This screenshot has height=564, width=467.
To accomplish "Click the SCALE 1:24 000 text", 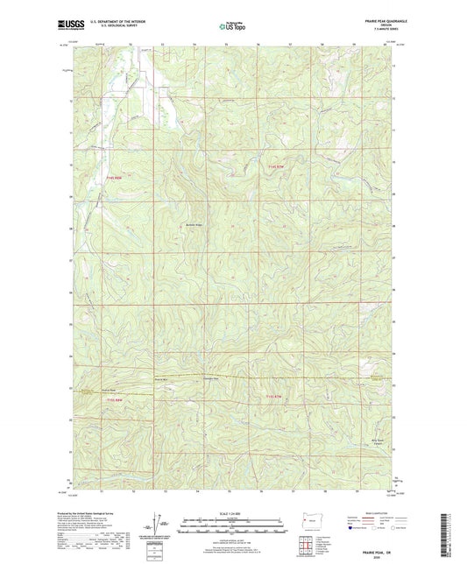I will [232, 513].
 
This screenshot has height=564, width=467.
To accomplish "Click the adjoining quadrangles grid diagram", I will [304, 546].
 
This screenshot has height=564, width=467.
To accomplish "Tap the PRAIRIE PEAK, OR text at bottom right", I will [374, 544].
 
